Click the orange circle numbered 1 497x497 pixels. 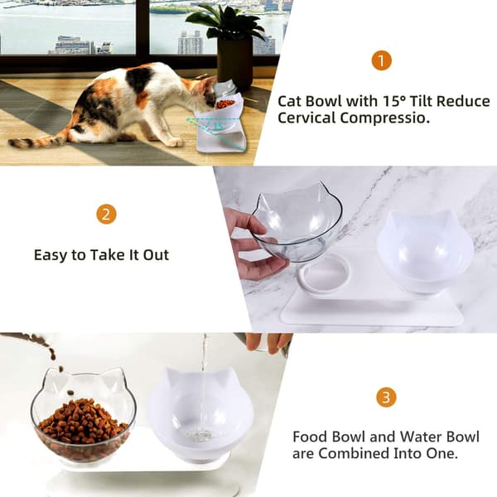coord(381,60)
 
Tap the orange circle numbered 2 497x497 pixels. coord(106,215)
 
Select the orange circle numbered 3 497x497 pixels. coord(386,397)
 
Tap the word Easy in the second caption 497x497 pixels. coord(50,255)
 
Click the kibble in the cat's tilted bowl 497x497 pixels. coord(225,104)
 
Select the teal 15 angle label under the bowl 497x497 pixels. coord(218,126)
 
